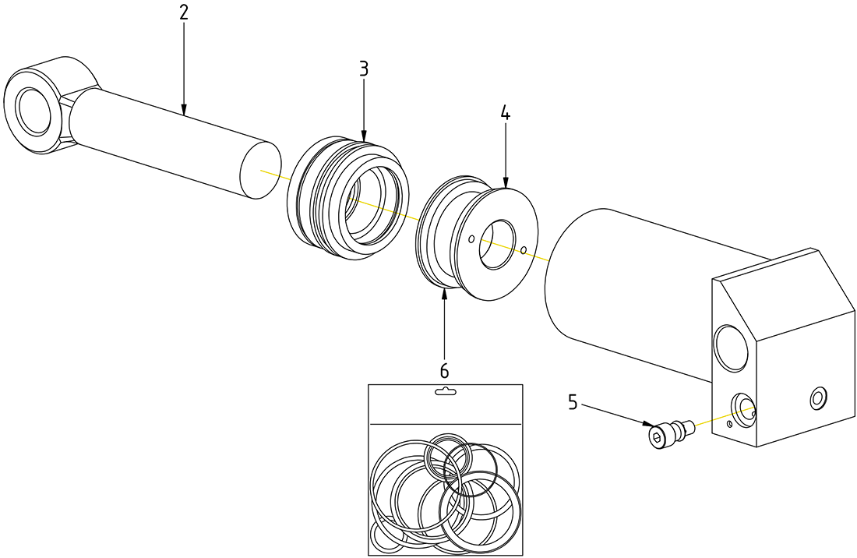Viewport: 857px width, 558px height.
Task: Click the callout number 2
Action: point(184,12)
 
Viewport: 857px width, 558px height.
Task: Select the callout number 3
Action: point(364,68)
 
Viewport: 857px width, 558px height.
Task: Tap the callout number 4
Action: point(505,113)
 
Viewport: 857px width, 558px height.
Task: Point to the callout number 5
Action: point(573,402)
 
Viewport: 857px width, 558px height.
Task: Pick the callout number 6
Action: point(444,370)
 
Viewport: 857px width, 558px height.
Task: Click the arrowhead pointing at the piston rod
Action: point(184,111)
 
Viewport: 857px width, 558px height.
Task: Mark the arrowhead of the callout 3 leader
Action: point(364,138)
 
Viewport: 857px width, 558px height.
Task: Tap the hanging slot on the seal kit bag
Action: point(445,392)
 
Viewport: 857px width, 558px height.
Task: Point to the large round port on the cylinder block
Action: point(731,348)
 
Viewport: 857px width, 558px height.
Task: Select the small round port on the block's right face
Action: point(817,398)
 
